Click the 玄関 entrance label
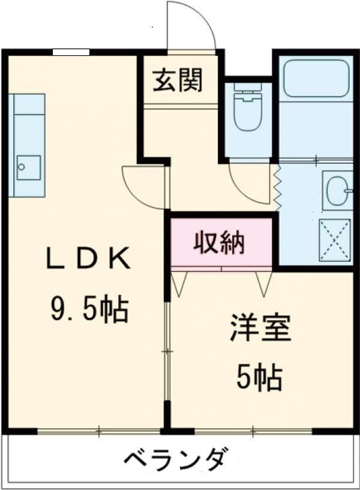pos(177,80)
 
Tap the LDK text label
pos(88,259)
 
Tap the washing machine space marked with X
pos(335,240)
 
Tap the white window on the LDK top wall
pos(71,52)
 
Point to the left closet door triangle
pos(179,283)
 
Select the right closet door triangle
pos(264,283)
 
